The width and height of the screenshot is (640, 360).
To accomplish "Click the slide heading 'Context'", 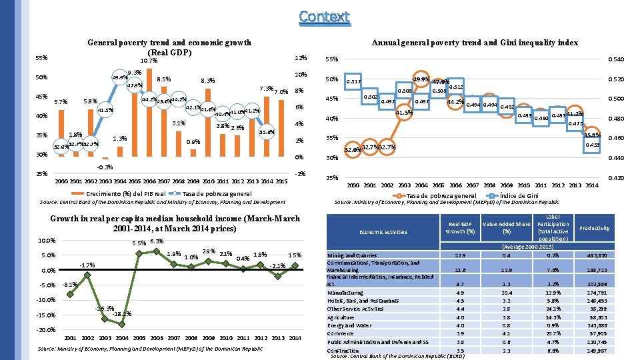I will (x=324, y=16).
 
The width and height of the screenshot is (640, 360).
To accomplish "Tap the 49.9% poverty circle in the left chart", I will (x=120, y=77).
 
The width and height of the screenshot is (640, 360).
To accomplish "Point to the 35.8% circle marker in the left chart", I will (x=267, y=132).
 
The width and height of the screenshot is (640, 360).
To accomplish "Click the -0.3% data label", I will (x=105, y=167).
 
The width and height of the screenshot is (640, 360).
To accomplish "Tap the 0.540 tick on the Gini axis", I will (x=618, y=60).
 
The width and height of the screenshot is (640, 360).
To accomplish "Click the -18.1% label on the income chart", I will (x=122, y=314).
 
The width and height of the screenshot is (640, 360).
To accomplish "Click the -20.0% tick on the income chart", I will (x=46, y=330).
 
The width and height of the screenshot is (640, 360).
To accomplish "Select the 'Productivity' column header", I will (x=593, y=228).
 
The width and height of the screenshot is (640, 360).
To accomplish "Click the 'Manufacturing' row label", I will (x=345, y=293).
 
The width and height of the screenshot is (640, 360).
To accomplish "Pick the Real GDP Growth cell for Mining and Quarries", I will (x=459, y=255).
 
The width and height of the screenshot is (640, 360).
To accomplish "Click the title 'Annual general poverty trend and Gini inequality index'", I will (x=473, y=43).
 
